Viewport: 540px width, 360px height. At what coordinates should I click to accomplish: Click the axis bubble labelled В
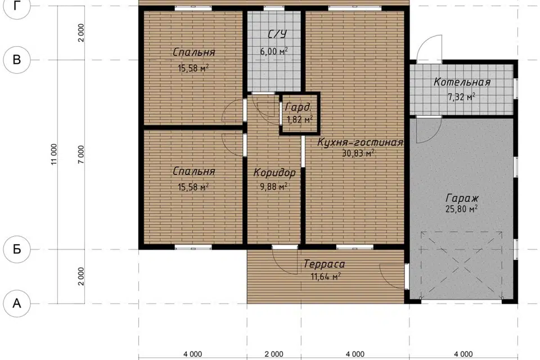(17, 60)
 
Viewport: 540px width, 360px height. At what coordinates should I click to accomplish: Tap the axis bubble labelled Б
(17, 249)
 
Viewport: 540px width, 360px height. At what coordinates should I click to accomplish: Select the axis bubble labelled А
(17, 304)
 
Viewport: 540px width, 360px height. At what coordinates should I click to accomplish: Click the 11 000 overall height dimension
(54, 154)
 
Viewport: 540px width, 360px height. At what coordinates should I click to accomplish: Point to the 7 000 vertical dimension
(81, 154)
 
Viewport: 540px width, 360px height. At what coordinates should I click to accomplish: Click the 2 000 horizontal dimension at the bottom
(274, 354)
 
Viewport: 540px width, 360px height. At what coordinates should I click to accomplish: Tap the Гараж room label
(462, 199)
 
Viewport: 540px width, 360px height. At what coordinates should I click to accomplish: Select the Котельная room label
(462, 82)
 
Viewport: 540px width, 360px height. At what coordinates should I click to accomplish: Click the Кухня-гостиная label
(360, 142)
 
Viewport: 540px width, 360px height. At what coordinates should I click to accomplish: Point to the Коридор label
(274, 172)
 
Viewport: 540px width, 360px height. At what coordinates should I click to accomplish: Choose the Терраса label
(324, 264)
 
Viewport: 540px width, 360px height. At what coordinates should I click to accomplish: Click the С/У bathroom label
(277, 34)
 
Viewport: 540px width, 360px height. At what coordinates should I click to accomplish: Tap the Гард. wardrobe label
(298, 107)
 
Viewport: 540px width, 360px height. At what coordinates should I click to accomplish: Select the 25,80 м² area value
(461, 209)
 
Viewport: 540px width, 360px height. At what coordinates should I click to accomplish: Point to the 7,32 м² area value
(461, 97)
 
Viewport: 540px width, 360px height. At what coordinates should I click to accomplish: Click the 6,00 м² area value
(274, 51)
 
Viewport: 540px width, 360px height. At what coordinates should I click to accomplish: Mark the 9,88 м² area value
(274, 187)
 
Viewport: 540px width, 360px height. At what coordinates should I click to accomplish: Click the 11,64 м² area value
(326, 276)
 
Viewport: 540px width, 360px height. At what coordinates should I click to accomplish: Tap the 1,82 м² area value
(300, 120)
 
